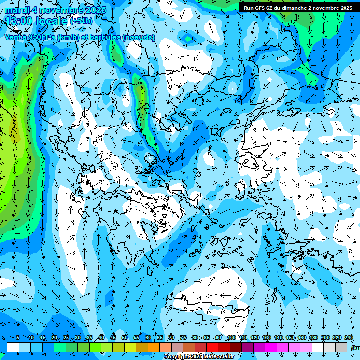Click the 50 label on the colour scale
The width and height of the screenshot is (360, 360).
click(125, 337)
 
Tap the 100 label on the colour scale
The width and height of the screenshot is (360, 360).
click(232, 337)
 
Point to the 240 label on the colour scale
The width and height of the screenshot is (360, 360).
click(349, 337)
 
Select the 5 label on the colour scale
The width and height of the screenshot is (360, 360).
click(18, 337)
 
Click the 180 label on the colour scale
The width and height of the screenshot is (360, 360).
click(312, 337)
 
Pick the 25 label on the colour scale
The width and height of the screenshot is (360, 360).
click(66, 337)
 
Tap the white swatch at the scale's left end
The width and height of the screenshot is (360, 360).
click(13, 347)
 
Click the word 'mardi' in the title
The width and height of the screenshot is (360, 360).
click(17, 10)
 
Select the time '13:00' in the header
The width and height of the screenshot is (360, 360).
click(18, 21)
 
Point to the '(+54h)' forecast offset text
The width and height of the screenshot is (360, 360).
click(81, 21)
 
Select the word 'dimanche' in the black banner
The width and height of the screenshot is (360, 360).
click(294, 8)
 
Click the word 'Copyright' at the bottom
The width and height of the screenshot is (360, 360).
click(177, 357)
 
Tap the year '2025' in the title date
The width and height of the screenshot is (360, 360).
click(93, 10)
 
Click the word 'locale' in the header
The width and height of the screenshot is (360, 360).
click(51, 21)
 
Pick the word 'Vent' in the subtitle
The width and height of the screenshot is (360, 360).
click(13, 37)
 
